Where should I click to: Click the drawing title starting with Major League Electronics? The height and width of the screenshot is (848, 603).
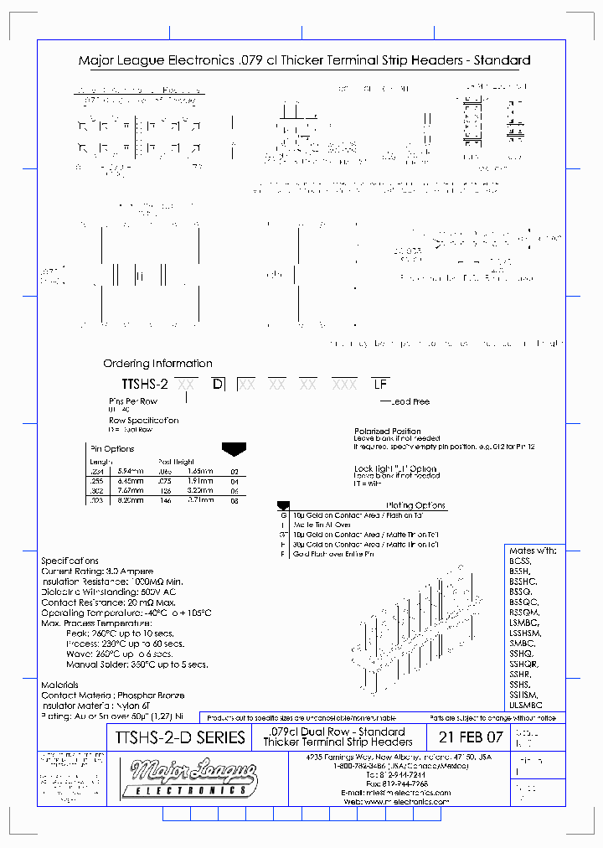(x=304, y=60)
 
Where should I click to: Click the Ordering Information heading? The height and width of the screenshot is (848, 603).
(x=157, y=364)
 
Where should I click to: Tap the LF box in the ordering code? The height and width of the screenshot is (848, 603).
(x=380, y=384)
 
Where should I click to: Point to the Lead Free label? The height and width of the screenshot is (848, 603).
(x=410, y=402)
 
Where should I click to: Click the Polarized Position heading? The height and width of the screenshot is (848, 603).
(x=388, y=432)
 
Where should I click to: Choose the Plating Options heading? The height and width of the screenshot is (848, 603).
(x=416, y=505)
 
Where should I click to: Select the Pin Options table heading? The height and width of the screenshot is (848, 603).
(x=111, y=449)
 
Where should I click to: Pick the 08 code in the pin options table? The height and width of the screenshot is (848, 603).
(x=234, y=500)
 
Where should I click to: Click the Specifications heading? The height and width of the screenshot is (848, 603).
(x=70, y=561)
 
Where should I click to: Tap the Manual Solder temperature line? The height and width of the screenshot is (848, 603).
(x=137, y=664)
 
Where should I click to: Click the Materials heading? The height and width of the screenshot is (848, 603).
(x=60, y=685)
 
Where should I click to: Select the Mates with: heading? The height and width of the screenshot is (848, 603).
(x=533, y=551)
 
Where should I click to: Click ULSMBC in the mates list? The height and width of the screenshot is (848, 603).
(x=526, y=706)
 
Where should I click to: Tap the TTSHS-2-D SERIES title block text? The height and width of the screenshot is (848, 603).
(x=177, y=737)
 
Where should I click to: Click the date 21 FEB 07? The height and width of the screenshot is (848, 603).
(x=472, y=737)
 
